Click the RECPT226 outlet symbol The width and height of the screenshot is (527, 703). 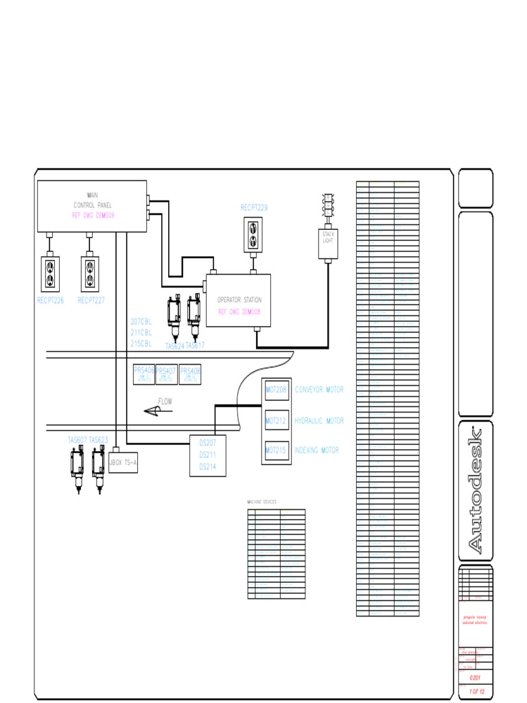[50, 273]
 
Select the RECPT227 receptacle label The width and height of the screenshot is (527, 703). [91, 300]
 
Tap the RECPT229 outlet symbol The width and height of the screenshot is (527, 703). [253, 234]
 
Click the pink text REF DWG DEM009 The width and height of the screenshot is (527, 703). [93, 215]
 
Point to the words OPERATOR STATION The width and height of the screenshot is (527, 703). [239, 300]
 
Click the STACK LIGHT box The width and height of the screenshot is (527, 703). [328, 243]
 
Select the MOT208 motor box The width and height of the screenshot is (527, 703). [277, 390]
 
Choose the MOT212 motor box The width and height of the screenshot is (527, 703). [277, 420]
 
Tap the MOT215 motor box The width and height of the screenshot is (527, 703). [277, 450]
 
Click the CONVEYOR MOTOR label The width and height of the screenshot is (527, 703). [319, 390]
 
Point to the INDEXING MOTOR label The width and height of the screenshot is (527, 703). [317, 450]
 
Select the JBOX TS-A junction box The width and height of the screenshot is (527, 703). [124, 463]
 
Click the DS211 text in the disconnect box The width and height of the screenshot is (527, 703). [208, 454]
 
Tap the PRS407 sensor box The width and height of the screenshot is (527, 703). [166, 373]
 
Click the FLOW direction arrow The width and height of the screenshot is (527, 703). [157, 411]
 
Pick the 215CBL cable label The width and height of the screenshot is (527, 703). [141, 343]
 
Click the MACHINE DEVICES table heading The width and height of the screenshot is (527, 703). [262, 503]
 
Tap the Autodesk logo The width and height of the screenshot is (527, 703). [476, 491]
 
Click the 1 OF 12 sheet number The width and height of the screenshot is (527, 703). [475, 691]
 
